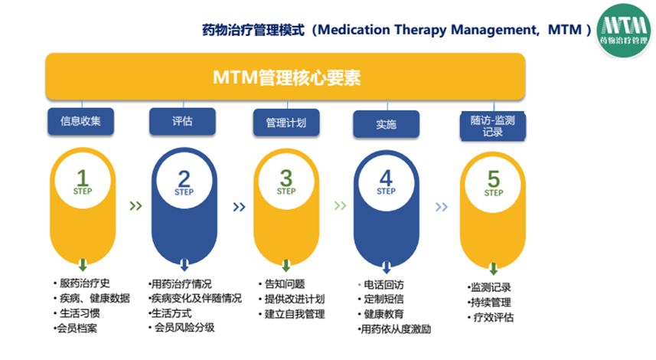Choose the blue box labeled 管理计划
(x=286, y=122)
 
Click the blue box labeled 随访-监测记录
(x=492, y=126)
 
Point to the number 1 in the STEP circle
(x=82, y=178)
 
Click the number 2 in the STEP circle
(x=184, y=178)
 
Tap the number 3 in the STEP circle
(x=286, y=178)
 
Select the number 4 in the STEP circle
(x=387, y=178)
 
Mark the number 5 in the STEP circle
(x=493, y=178)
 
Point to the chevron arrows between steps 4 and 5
(x=441, y=206)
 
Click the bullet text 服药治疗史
(x=86, y=283)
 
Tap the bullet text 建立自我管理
(x=294, y=313)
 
